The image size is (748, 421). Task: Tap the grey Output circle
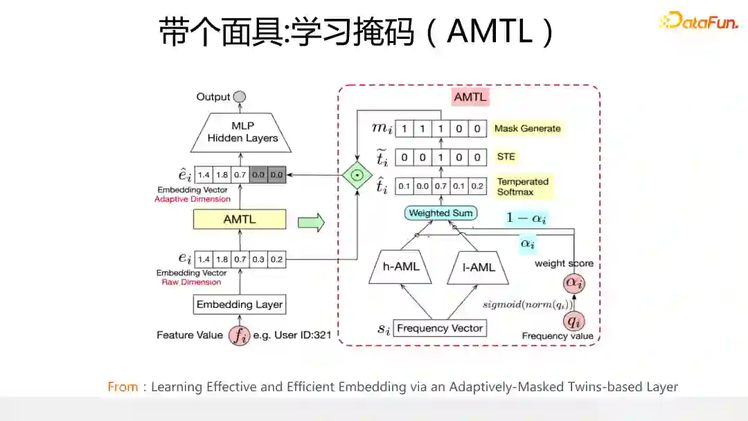pos(240,97)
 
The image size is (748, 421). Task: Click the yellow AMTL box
pos(239,219)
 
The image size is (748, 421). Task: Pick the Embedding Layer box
pos(240,304)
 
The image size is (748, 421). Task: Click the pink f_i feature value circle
pos(240,336)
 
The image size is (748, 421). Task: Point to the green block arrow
pos(311,223)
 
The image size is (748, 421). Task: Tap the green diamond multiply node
pos(357,175)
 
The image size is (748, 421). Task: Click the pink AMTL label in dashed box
pos(470,97)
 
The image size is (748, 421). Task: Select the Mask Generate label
pos(527,128)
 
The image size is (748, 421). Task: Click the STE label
pos(506,157)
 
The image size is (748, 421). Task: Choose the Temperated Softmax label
pos(522,187)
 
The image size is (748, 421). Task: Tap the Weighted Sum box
pos(440,213)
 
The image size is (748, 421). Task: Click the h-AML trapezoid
pos(401,266)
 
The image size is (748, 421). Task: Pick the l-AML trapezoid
pos(479,266)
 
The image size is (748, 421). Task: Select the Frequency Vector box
pos(440,328)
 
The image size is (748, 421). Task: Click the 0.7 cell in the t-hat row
pos(440,187)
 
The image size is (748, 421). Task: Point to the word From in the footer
pos(122,387)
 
